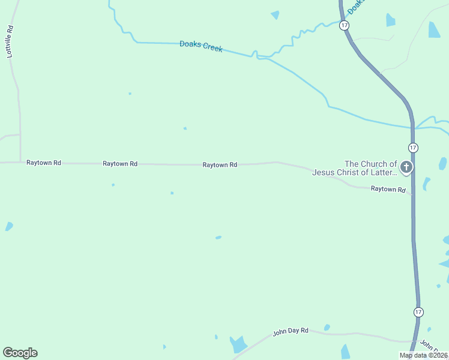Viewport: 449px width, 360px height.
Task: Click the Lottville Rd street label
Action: (10, 41)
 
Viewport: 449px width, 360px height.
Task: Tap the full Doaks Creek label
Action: (201, 46)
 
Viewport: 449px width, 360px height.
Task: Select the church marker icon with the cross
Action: (406, 167)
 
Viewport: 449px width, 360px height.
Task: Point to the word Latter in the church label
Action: (384, 172)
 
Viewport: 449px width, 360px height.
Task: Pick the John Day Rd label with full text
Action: (291, 331)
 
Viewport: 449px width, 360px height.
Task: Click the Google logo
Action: (20, 353)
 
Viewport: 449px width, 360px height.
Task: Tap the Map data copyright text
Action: (423, 355)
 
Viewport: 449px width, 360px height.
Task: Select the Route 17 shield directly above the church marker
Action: (413, 148)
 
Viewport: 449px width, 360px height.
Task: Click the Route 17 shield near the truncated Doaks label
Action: (343, 25)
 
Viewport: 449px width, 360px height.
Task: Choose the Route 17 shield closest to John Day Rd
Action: (418, 312)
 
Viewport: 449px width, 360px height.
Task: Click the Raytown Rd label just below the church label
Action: (388, 188)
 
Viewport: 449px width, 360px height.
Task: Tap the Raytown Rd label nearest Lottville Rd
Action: (44, 163)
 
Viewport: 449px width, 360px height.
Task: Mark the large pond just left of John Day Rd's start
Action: (239, 344)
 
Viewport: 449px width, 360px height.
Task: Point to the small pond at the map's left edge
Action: (8, 226)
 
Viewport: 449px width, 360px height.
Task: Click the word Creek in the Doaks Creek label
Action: (212, 47)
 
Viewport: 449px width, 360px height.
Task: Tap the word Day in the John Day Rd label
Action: (294, 331)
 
